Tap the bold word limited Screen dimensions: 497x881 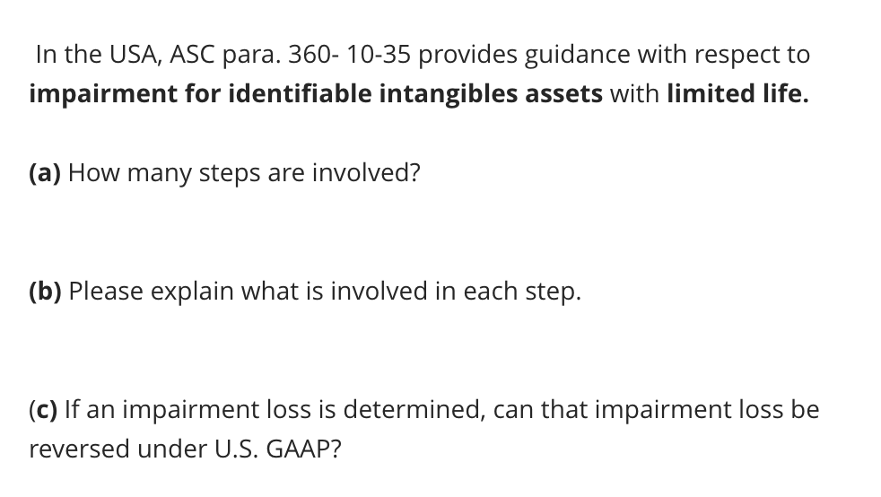coord(712,94)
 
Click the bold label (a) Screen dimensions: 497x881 coord(45,172)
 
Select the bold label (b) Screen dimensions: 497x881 coord(46,291)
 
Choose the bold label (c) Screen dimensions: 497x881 coord(44,409)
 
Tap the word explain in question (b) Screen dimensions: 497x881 coord(184,292)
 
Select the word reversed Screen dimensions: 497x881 coord(79,449)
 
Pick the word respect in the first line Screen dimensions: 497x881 coord(741,55)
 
